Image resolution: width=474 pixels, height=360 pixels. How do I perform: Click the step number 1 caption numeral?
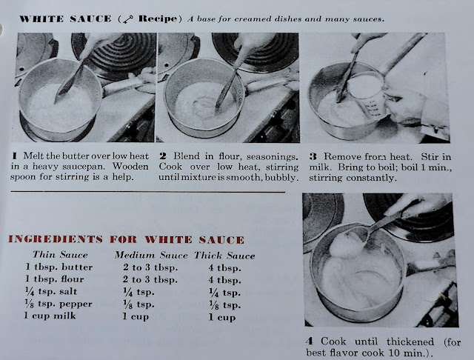[16, 156]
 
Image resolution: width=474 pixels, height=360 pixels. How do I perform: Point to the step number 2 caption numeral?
[162, 156]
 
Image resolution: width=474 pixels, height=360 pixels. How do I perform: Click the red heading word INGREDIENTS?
[56, 239]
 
